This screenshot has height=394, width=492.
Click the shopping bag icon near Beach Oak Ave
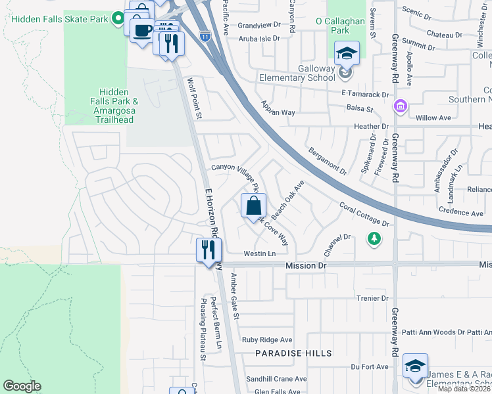pos(253,206)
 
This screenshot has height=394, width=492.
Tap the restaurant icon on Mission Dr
pos(209,250)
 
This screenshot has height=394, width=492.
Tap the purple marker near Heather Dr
pos(399,106)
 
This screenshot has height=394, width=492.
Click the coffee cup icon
pos(142,30)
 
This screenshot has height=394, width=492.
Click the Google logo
pos(22,386)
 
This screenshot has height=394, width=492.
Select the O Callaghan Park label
pos(340,26)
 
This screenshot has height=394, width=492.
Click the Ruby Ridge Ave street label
pos(266,339)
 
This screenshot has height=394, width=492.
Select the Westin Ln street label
pos(258,253)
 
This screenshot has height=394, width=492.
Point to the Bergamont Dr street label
pos(327,162)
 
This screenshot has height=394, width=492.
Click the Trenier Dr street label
pos(374,297)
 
